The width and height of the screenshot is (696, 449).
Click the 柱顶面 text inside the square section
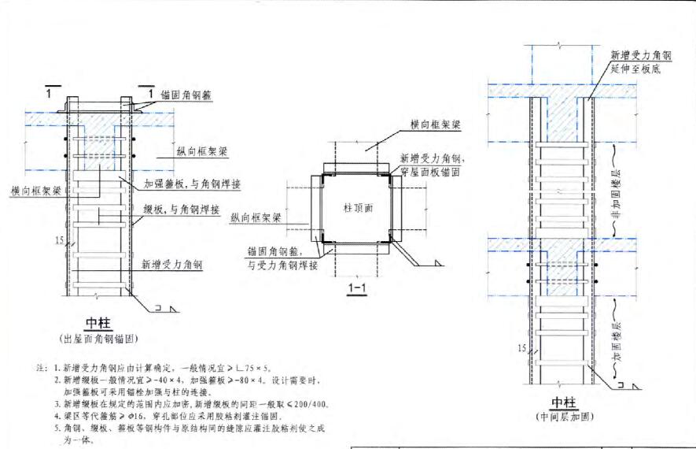(358, 209)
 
